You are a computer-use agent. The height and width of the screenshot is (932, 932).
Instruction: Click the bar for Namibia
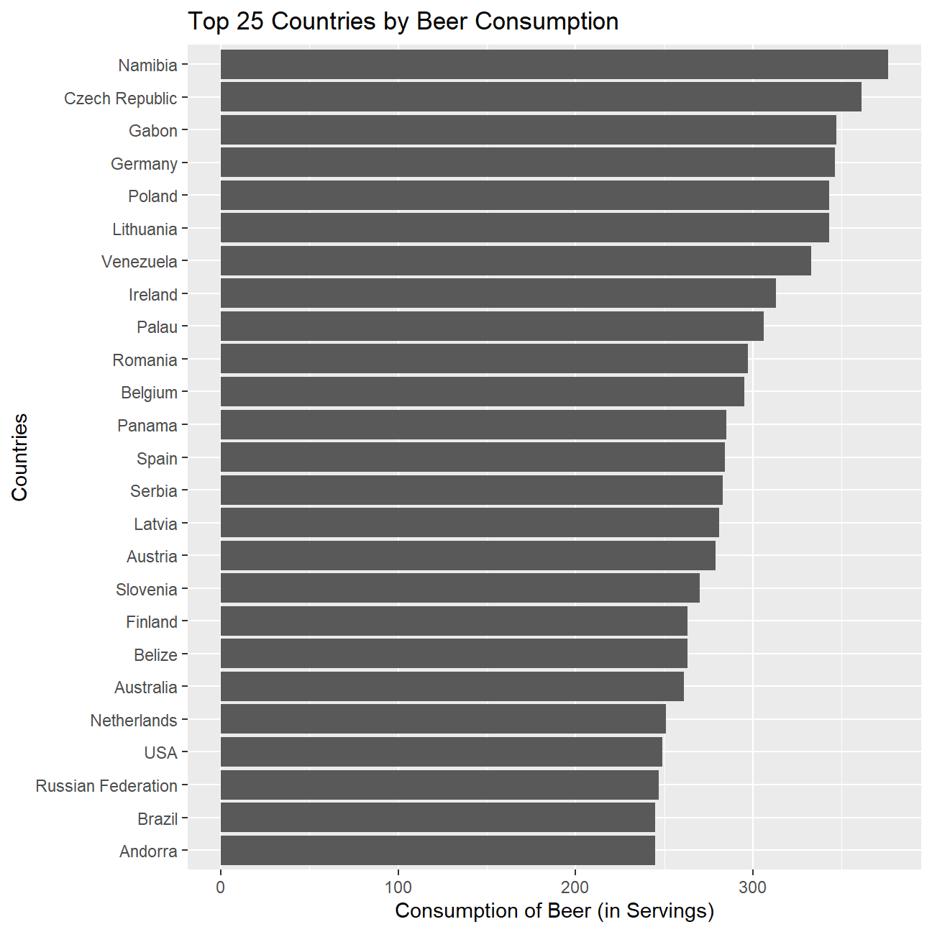(554, 65)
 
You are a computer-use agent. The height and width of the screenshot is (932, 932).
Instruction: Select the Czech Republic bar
(541, 98)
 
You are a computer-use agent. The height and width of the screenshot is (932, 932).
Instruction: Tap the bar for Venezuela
(516, 261)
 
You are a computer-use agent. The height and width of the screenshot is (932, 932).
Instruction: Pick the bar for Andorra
(437, 851)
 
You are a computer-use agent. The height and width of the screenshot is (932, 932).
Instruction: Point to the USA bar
(441, 752)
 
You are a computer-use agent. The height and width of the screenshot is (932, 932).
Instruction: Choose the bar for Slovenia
(460, 589)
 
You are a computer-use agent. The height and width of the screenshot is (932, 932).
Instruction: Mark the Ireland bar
(498, 293)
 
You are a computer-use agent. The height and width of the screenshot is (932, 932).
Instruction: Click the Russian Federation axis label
(106, 786)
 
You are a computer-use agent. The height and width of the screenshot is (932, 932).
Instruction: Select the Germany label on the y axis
(144, 164)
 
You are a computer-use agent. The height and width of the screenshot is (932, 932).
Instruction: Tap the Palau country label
(157, 327)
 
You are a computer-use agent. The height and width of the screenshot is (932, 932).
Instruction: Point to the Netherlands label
(134, 721)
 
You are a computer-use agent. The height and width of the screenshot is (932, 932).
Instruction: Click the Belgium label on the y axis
(149, 393)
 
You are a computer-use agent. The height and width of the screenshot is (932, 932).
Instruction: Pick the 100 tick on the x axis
(398, 887)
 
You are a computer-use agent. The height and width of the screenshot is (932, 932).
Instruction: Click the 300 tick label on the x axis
(753, 887)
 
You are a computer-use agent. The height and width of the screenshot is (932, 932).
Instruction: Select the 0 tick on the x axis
(220, 887)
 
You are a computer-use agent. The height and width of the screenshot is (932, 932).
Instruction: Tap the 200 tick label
(575, 887)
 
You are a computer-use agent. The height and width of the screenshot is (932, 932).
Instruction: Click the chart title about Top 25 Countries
(403, 22)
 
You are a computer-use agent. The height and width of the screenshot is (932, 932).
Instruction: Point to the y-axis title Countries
(19, 457)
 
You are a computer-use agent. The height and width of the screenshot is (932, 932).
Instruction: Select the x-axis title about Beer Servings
(554, 911)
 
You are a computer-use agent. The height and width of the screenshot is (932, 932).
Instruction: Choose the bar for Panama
(473, 425)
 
